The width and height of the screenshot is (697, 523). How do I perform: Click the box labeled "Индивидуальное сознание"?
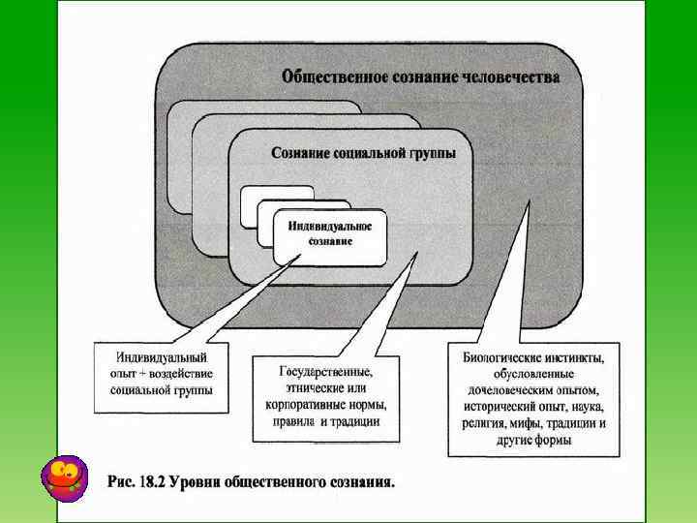(330, 233)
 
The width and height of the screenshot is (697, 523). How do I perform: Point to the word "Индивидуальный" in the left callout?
(161, 357)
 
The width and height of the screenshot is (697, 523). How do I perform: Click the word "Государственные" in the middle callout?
(325, 371)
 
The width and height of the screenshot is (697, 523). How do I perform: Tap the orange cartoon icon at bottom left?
(65, 477)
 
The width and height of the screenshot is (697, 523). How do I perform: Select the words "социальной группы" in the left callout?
(161, 390)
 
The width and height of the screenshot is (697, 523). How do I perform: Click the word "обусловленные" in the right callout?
(534, 375)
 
